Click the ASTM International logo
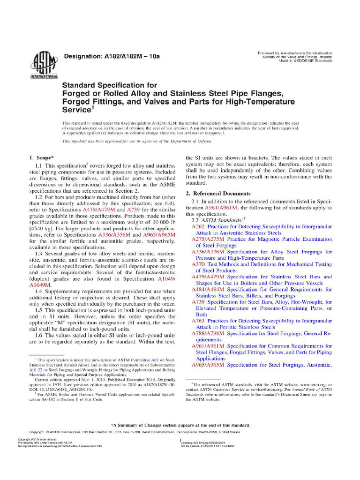coord(44,65)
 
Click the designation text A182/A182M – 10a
coord(112,57)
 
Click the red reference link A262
coord(199,226)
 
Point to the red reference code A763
coord(199,321)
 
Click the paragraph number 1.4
coord(39,291)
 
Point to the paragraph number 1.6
coord(39,335)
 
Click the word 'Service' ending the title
coord(77,109)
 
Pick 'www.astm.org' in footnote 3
coord(307,384)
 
